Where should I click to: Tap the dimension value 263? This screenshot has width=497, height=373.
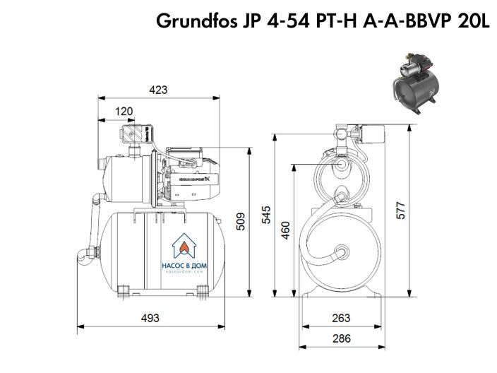pyautogui.click(x=342, y=318)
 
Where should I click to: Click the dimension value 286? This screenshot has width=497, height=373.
pyautogui.click(x=342, y=338)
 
